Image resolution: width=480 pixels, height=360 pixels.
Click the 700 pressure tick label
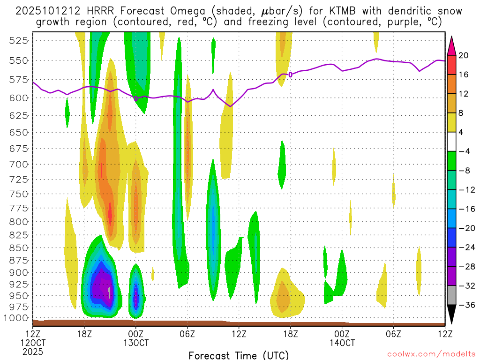click(18, 164)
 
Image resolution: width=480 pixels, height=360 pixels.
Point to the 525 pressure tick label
click(18, 40)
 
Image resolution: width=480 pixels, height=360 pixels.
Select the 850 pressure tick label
click(18, 247)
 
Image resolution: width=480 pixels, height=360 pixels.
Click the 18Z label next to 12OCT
click(84, 334)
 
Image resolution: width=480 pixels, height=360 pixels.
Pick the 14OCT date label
click(342, 343)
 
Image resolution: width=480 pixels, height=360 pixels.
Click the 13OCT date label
click(136, 343)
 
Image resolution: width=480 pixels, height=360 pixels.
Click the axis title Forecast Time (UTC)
click(239, 355)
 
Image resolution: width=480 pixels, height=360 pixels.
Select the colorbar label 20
click(464, 55)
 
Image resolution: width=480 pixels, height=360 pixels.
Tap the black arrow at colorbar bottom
click(452, 315)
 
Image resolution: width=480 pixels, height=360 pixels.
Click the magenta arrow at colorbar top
click(452, 45)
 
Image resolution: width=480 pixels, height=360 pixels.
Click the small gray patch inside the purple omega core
click(109, 292)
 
